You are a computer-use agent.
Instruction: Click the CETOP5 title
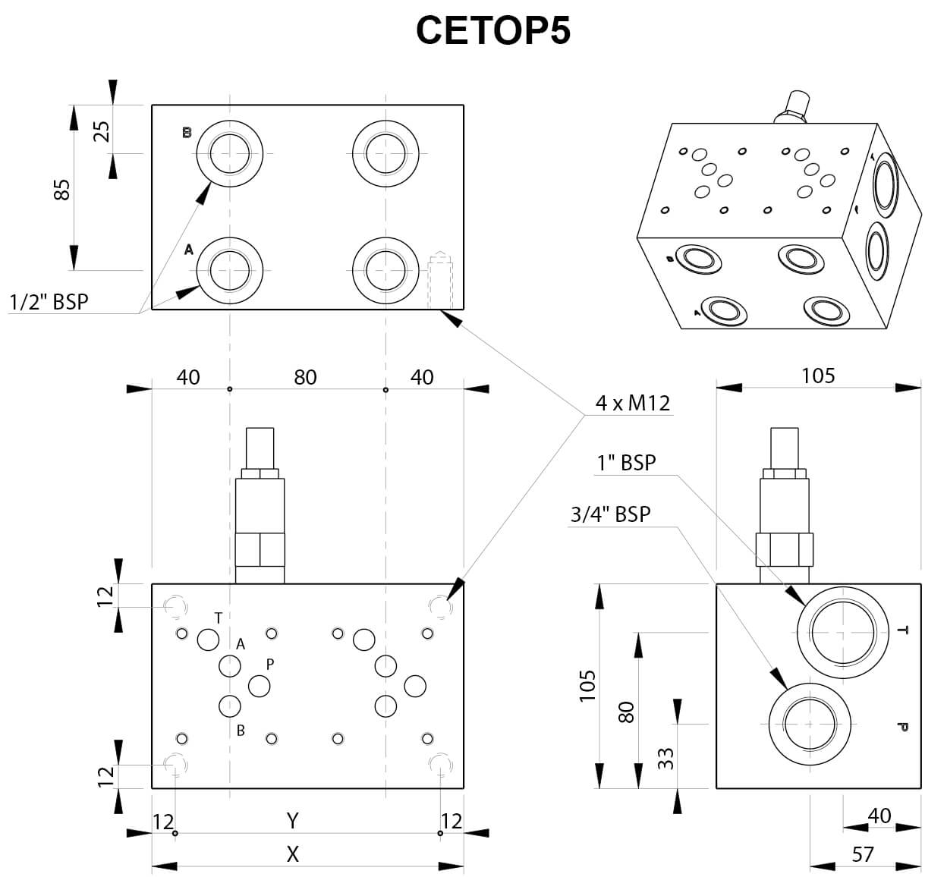pos(492,31)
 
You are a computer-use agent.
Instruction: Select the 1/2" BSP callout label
pos(49,302)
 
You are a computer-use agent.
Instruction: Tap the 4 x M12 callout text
pos(633,403)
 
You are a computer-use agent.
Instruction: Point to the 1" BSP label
pos(626,462)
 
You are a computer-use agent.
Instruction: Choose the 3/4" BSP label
pos(610,514)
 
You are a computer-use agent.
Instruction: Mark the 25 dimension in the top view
pos(102,130)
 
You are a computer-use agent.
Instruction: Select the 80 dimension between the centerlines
pos(305,377)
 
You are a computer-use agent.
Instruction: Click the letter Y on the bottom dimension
pos(293,820)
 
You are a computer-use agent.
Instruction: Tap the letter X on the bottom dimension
pos(293,855)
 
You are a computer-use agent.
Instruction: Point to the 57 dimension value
pos(863,855)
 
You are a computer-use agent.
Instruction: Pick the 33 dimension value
pos(665,758)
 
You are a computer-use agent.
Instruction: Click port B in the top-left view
pos(230,153)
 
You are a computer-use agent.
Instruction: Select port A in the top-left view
pos(230,269)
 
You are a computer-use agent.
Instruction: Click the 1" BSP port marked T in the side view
pos(843,630)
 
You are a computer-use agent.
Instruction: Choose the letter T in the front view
pos(219,618)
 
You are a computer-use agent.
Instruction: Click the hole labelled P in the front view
pos(259,686)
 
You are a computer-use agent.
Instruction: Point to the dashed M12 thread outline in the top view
pos(440,281)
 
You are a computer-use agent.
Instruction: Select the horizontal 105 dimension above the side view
pos(818,376)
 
